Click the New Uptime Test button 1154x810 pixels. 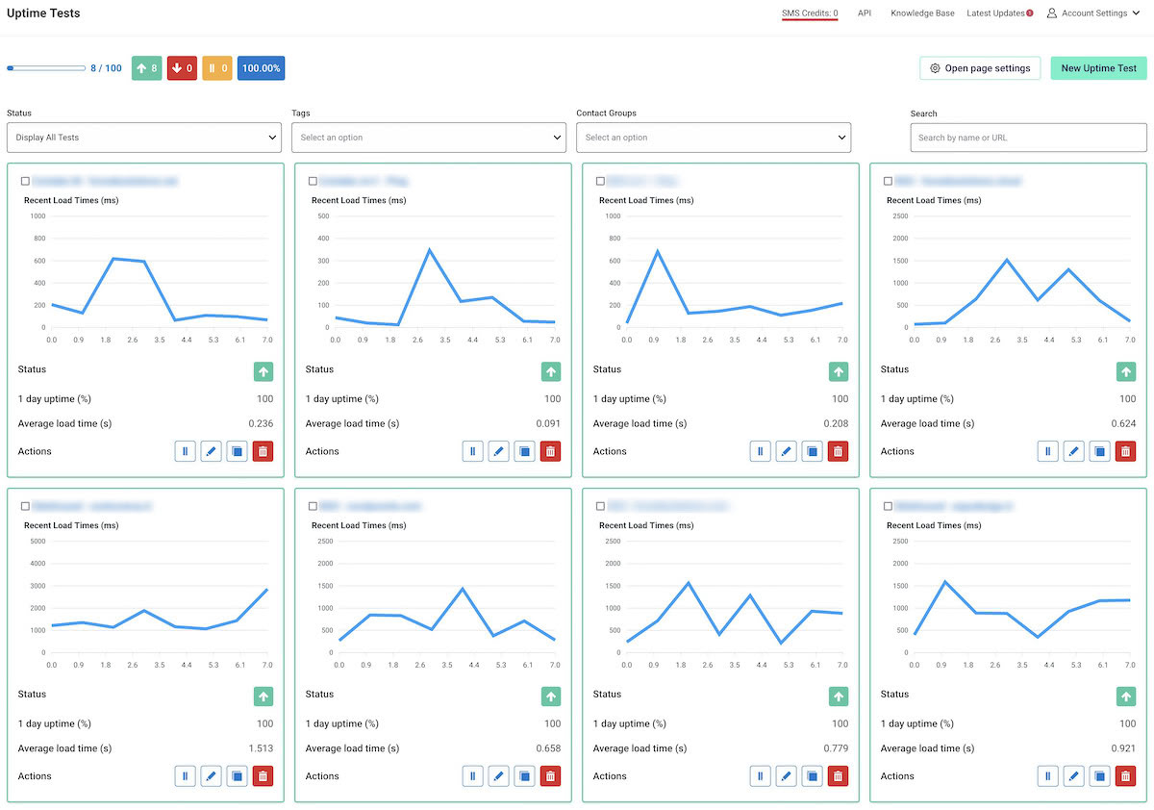(x=1098, y=68)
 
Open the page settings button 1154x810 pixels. (x=980, y=68)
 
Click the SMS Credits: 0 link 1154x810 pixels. (x=810, y=13)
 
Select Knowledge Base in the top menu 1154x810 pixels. (x=922, y=13)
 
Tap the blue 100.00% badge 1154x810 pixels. (x=261, y=68)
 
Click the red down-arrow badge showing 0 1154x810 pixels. (x=182, y=68)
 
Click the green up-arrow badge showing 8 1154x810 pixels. (x=146, y=68)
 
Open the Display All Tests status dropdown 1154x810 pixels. (x=143, y=138)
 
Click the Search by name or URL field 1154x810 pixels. (x=1028, y=138)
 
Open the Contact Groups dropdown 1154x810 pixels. (x=714, y=138)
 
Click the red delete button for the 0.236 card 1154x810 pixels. (x=263, y=451)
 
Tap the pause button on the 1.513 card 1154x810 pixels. (x=185, y=776)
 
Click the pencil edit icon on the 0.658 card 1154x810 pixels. (x=498, y=776)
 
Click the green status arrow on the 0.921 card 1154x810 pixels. (x=1125, y=696)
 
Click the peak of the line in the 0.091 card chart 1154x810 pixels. (x=429, y=250)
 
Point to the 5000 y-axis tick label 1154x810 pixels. (x=38, y=541)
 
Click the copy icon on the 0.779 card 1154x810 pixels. (x=812, y=776)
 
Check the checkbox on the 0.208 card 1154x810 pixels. (x=600, y=181)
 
